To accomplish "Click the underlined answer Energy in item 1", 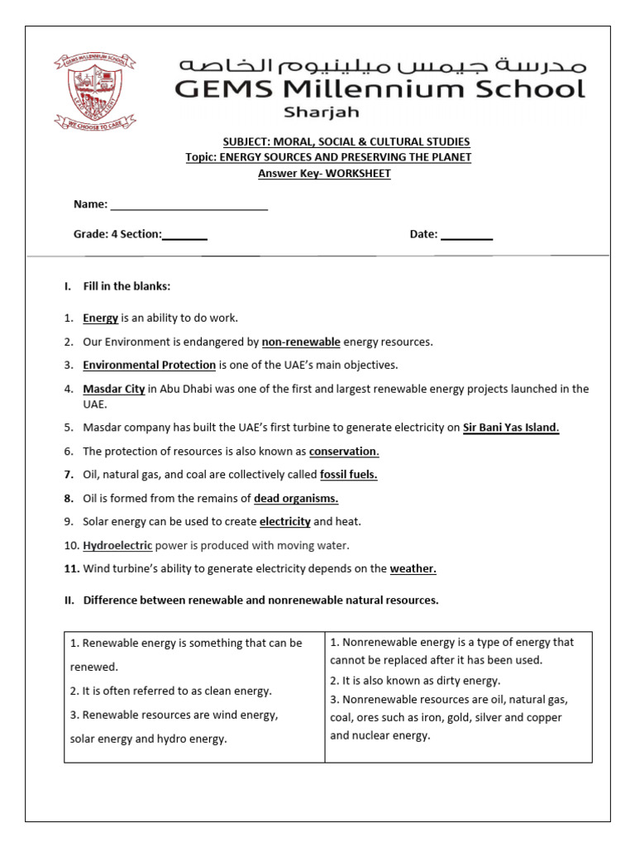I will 100,318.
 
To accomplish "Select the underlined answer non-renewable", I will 301,342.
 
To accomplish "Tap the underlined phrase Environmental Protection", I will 149,365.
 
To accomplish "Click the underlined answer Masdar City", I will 114,389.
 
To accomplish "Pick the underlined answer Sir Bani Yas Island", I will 511,428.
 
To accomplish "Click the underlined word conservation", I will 344,452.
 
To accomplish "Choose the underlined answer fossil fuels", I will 349,475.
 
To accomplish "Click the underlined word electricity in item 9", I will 285,522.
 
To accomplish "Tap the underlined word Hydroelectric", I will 117,545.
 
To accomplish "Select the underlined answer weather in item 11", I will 413,568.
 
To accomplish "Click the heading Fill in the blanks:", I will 127,286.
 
